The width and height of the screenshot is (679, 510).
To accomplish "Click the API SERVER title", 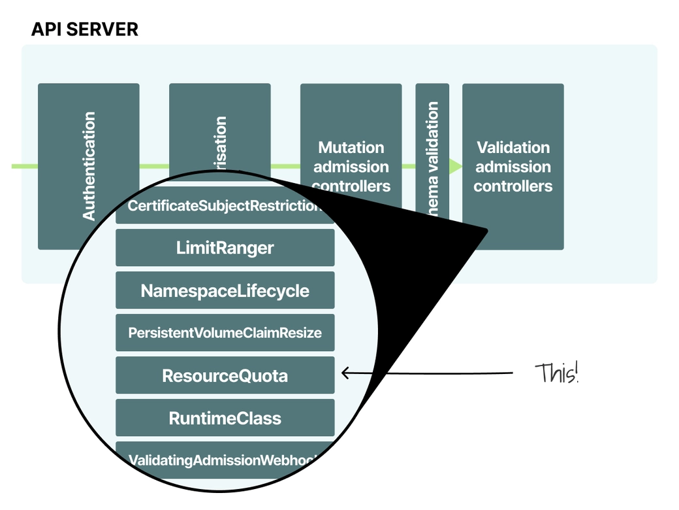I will (x=85, y=29).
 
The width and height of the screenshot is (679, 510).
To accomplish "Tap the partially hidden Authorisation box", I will (x=220, y=131).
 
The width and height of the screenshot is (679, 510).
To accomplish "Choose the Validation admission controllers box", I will (x=513, y=166).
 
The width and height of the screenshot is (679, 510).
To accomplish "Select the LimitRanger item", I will (x=225, y=248).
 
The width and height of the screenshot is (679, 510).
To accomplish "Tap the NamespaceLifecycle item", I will (x=225, y=290).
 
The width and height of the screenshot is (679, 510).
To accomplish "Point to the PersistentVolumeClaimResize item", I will (x=225, y=333).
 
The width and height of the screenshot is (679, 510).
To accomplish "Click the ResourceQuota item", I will (x=225, y=376).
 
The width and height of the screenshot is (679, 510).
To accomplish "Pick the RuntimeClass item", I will (x=225, y=418).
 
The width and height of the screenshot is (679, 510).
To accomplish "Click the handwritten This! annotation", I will (x=556, y=373).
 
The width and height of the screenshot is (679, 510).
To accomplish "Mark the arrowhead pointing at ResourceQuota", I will (x=345, y=373).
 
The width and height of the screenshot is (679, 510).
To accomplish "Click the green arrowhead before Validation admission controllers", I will (x=455, y=166).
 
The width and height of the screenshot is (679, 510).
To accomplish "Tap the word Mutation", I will (x=351, y=147).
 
